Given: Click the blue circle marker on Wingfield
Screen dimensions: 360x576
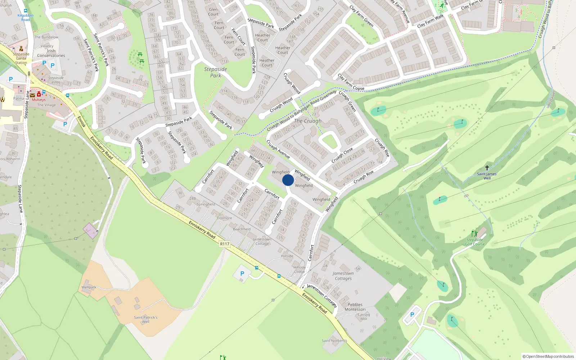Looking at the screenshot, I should tap(288, 180).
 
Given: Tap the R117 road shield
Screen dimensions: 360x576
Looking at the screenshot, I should tap(225, 244).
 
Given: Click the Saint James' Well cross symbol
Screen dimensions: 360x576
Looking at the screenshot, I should tap(487, 168).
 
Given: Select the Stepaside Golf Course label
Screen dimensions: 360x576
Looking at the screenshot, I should tap(475, 242).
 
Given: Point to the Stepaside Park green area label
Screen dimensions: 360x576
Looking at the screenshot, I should tap(215, 72).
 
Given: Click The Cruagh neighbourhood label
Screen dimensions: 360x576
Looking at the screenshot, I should tap(307, 121).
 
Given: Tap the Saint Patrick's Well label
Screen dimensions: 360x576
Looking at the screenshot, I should tap(145, 319).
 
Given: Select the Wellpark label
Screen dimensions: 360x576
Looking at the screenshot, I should tap(89, 287).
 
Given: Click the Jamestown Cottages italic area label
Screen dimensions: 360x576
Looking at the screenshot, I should tap(343, 276).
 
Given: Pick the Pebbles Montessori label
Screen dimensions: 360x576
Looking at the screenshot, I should tap(355, 307).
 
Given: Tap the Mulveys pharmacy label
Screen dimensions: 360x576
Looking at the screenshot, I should tap(39, 100).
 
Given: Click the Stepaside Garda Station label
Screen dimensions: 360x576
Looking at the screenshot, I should tap(21, 58).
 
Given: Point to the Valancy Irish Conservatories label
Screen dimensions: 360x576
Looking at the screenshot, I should tap(51, 51).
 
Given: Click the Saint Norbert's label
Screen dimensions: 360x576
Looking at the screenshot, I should tap(334, 341).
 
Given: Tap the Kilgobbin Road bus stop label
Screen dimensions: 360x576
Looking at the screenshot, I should tap(25, 17).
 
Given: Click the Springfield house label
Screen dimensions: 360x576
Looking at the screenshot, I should tap(206, 204).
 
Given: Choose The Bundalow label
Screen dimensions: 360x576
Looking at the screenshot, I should tap(46, 37).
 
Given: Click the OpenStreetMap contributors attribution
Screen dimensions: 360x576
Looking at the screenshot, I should tap(548, 356).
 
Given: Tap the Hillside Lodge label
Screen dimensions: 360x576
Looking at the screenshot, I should tap(300, 269).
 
